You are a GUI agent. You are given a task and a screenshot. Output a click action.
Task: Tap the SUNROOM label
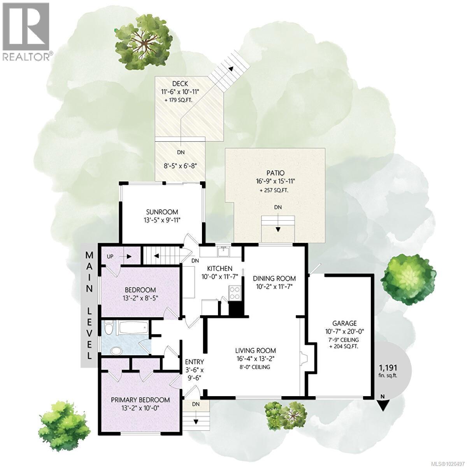(162, 212)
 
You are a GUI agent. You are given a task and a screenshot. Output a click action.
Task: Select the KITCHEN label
(219, 269)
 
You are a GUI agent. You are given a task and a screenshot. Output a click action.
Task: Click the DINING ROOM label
(274, 278)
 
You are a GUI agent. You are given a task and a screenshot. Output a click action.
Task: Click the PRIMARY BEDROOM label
(140, 400)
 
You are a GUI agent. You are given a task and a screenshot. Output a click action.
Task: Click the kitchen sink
(223, 252)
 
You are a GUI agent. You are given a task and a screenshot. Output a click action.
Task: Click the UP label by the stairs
(110, 256)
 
